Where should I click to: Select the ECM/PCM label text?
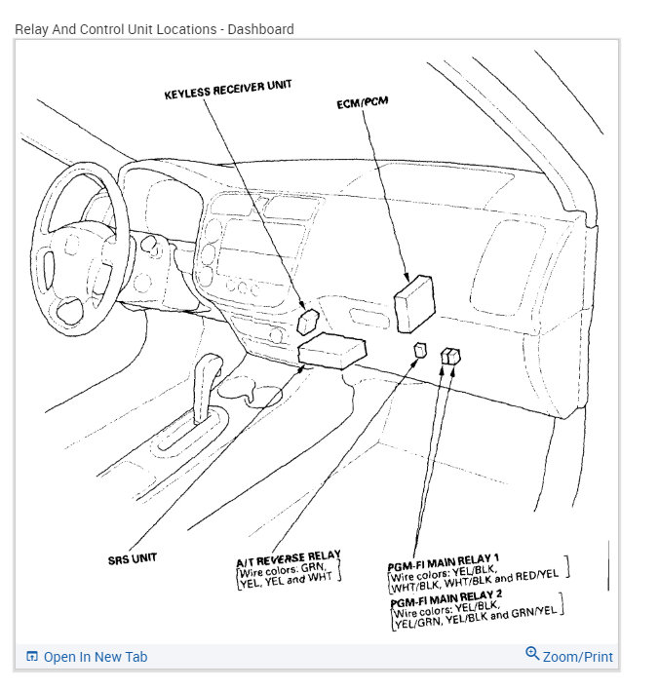pyautogui.click(x=362, y=104)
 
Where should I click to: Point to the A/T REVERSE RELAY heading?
pyautogui.click(x=289, y=557)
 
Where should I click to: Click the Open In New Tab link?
pyautogui.click(x=95, y=657)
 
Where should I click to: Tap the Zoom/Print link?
pyautogui.click(x=577, y=657)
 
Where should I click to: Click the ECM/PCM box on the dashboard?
pyautogui.click(x=412, y=301)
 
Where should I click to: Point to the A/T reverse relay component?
pyautogui.click(x=420, y=351)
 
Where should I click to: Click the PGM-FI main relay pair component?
pyautogui.click(x=450, y=357)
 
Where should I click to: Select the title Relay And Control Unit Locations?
pyautogui.click(x=115, y=29)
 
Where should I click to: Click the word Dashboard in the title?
pyautogui.click(x=259, y=29)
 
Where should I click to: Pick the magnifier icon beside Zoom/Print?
pyautogui.click(x=532, y=654)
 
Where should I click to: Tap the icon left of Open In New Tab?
pyautogui.click(x=31, y=657)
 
